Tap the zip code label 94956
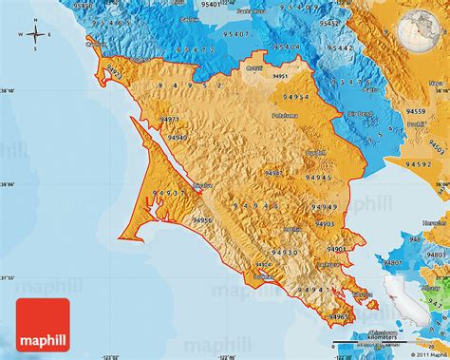[x=203, y=220]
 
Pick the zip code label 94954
[x=295, y=98]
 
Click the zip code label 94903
[x=324, y=224]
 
